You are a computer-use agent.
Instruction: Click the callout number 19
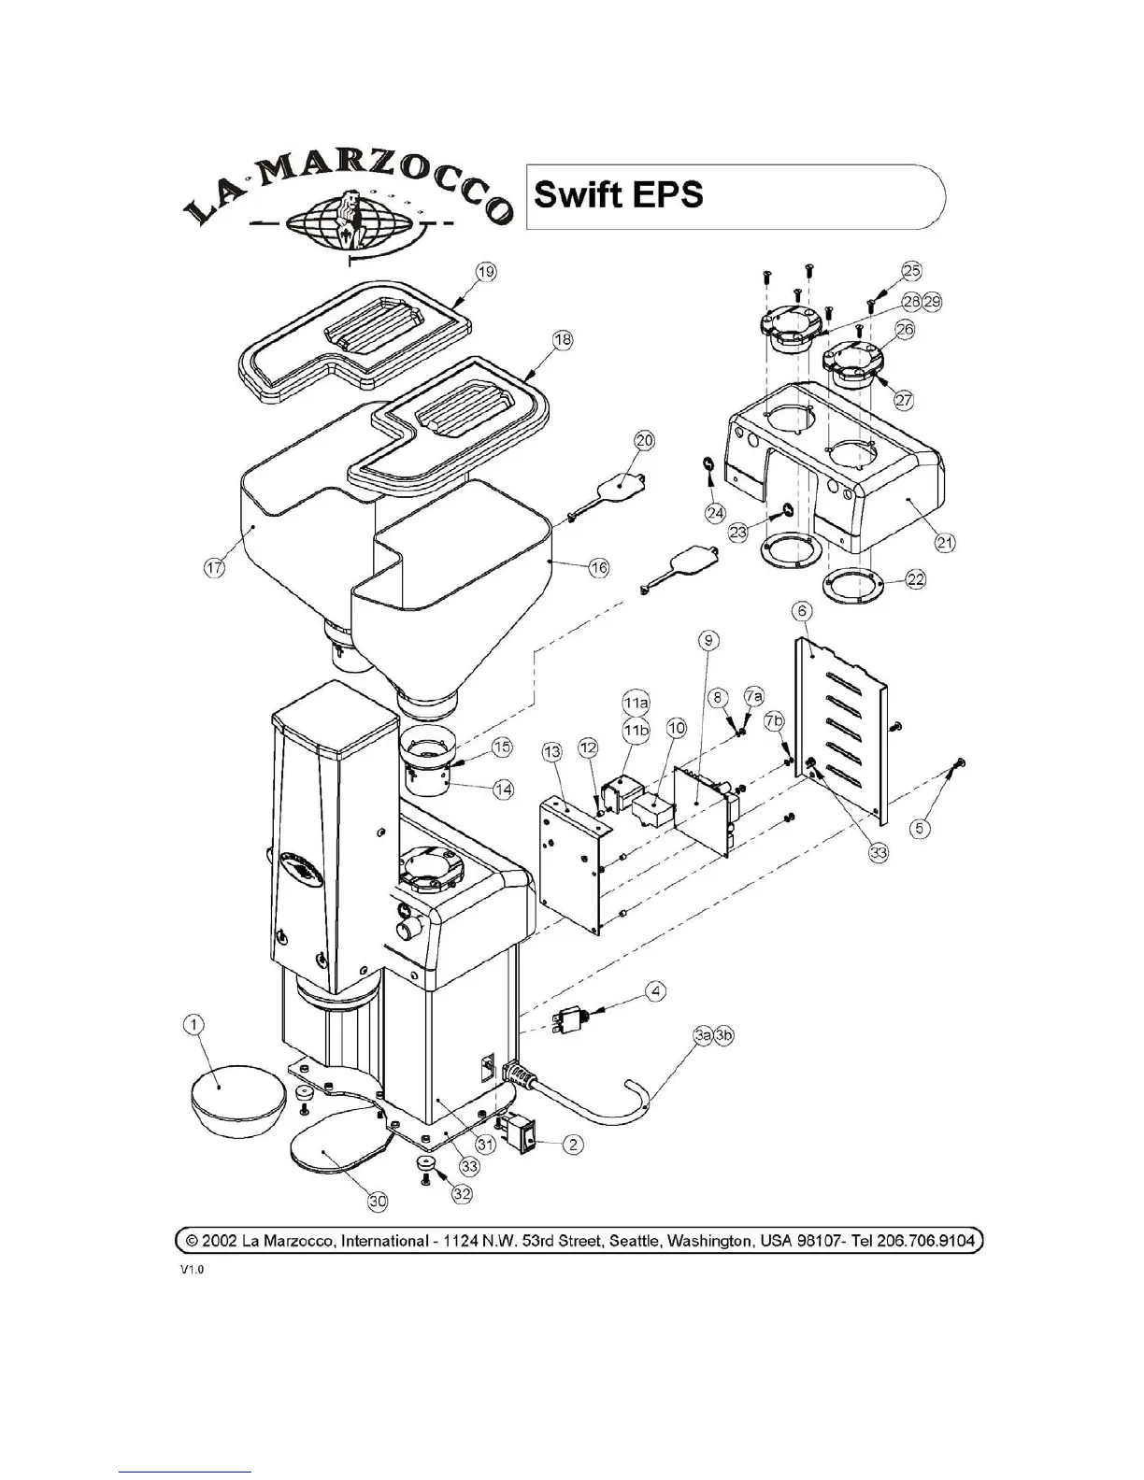point(486,272)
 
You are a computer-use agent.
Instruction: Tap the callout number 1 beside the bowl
point(193,1026)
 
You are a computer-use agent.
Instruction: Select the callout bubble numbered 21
point(946,542)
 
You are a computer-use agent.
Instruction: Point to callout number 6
point(803,610)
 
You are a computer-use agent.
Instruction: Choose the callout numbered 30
point(378,1202)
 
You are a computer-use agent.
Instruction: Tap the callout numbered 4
point(658,991)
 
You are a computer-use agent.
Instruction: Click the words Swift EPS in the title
point(618,195)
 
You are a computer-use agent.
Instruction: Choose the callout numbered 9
point(709,640)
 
